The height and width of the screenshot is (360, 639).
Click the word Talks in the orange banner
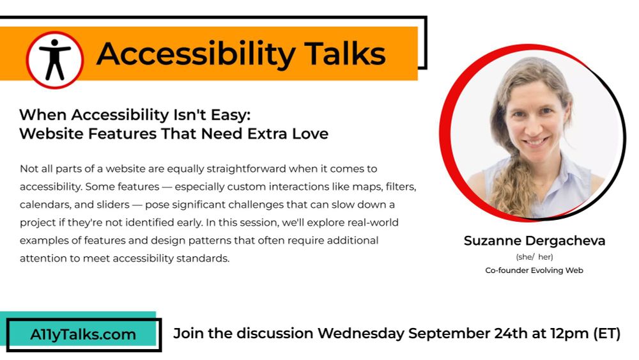(x=345, y=54)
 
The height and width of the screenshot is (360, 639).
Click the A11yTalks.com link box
(x=83, y=334)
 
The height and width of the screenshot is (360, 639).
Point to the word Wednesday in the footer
(x=360, y=333)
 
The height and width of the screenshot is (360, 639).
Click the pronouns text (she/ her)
(x=534, y=257)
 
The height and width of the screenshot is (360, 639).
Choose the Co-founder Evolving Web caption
(x=534, y=270)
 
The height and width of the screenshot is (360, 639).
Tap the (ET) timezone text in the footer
(x=607, y=333)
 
